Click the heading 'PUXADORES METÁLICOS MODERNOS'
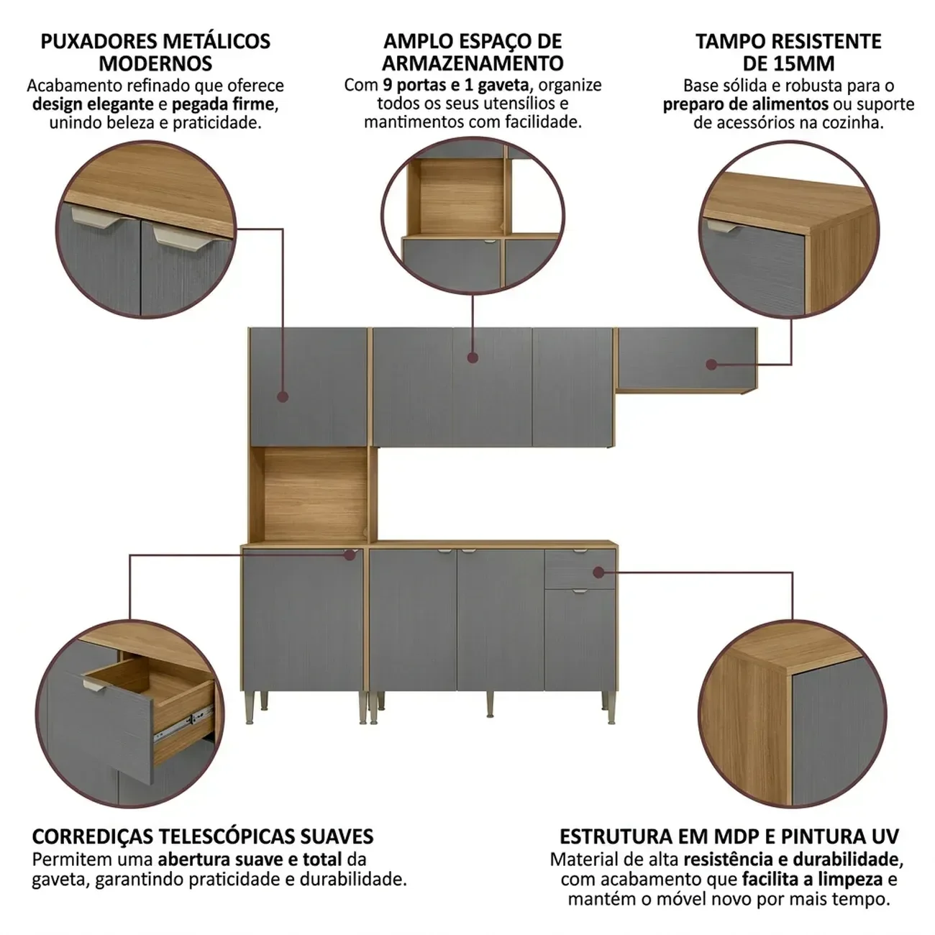[156, 53]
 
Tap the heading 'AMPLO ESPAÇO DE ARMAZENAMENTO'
[473, 53]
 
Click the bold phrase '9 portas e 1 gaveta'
[455, 85]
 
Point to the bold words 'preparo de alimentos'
[746, 104]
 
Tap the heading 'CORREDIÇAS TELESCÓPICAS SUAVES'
[203, 837]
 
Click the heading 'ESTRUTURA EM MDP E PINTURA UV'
[729, 837]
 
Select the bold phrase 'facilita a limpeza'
[812, 879]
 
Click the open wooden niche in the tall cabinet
[314, 493]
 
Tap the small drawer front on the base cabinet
[580, 568]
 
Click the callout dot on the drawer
[598, 573]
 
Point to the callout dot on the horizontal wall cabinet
[711, 365]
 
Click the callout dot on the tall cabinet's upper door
[283, 397]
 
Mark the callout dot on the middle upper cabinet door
[473, 358]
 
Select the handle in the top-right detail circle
[723, 226]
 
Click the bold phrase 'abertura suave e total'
[250, 859]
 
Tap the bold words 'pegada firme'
[223, 104]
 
